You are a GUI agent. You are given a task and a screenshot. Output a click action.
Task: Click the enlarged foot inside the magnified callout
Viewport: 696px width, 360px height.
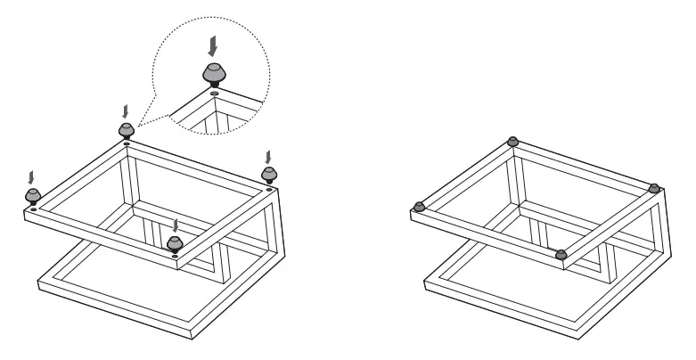(214, 72)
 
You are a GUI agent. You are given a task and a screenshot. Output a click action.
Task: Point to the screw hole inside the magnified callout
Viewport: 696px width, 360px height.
(215, 92)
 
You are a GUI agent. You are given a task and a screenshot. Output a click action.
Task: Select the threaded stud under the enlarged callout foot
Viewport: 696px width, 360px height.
(215, 85)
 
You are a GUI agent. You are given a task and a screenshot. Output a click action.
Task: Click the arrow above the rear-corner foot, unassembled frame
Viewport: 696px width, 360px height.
(126, 110)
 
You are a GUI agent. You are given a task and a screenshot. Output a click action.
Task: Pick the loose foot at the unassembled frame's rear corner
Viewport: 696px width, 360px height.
(127, 130)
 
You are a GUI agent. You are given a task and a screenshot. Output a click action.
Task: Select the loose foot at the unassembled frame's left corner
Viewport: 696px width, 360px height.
(33, 193)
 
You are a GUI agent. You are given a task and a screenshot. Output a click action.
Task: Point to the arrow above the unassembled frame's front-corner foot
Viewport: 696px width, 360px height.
(176, 222)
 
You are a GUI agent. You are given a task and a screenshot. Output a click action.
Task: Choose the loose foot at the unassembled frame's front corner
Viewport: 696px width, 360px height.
(176, 244)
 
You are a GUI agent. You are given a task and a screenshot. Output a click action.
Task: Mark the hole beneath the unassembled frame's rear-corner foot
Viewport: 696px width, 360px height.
(127, 143)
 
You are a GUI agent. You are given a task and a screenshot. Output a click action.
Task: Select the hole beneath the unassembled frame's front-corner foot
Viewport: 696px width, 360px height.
(176, 258)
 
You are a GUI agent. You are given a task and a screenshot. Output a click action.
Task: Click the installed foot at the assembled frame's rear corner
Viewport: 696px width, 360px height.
(512, 141)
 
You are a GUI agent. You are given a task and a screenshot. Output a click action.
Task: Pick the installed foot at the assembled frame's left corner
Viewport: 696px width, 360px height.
(419, 206)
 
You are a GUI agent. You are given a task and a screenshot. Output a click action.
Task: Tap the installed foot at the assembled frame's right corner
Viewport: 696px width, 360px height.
(654, 187)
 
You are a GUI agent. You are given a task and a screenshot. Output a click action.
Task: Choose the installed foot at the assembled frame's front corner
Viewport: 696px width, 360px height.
(561, 255)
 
